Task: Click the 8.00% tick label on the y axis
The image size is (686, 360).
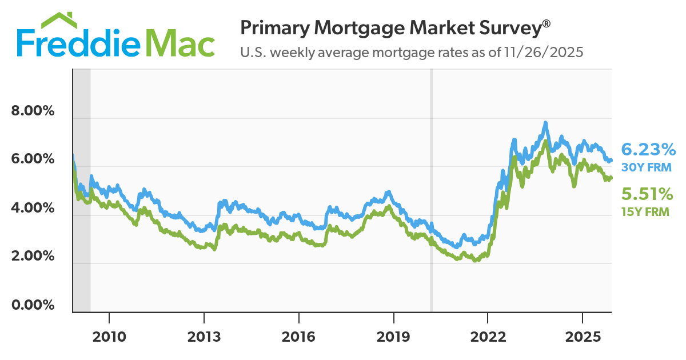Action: tap(33, 111)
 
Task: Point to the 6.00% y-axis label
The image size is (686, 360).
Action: tap(33, 159)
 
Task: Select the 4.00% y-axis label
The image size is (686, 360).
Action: tap(33, 208)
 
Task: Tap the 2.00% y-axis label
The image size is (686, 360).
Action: tap(33, 257)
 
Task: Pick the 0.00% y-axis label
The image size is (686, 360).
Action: tap(33, 305)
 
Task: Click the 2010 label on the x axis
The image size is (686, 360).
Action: tap(109, 336)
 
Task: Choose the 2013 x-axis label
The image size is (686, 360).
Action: tap(204, 336)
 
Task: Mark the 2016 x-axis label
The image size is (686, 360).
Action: tap(299, 336)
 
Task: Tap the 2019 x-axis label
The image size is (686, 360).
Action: tap(393, 336)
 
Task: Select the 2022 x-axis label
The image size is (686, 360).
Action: tap(488, 336)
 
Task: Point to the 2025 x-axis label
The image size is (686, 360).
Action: tap(582, 336)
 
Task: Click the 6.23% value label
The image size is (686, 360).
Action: tap(648, 150)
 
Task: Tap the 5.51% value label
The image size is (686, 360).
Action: tap(647, 194)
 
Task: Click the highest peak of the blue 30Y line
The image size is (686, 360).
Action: tap(546, 122)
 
